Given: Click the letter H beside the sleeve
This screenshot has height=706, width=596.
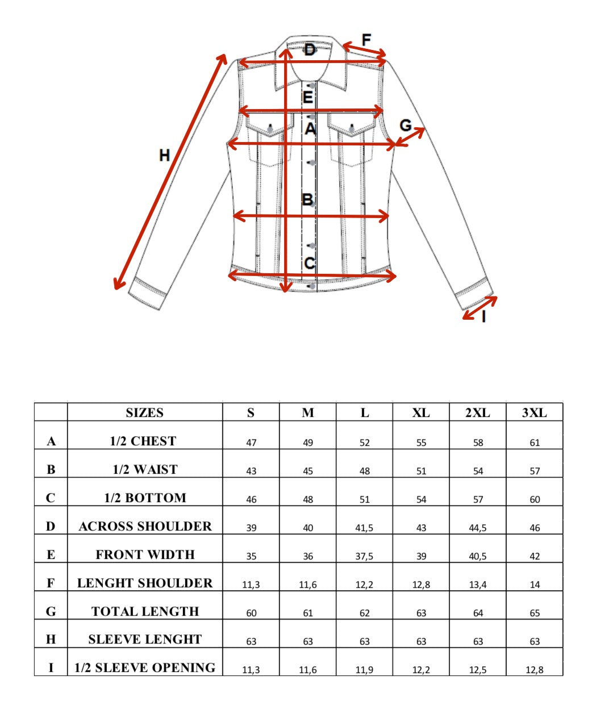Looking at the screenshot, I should tap(164, 155).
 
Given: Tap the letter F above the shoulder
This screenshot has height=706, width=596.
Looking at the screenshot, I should tap(366, 40).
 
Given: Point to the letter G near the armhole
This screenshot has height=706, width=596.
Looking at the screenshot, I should tap(406, 126).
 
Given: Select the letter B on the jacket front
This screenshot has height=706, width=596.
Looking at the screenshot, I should tap(307, 200).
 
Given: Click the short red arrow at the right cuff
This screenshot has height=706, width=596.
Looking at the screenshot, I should tap(480, 308).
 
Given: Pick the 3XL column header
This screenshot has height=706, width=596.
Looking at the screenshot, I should tap(534, 413).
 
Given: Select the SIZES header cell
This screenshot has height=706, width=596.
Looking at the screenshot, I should tap(144, 413).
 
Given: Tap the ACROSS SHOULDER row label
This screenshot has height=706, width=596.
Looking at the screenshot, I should tap(145, 527).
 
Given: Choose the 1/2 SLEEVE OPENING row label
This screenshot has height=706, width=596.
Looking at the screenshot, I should tap(145, 668).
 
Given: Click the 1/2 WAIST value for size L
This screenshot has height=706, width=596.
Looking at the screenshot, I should tap(364, 471).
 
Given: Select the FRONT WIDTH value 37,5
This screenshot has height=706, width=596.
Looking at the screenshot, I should tap(364, 556).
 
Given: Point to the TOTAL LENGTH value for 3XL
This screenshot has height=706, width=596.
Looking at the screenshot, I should tap(534, 613).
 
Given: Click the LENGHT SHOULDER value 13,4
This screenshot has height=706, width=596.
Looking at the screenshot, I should tap(478, 584).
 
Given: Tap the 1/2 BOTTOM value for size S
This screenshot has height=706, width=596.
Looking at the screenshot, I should tap(251, 499).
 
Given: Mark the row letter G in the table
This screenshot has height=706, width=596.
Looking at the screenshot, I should tap(51, 612).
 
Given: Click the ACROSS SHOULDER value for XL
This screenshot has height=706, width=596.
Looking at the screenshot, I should tap(421, 528).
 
